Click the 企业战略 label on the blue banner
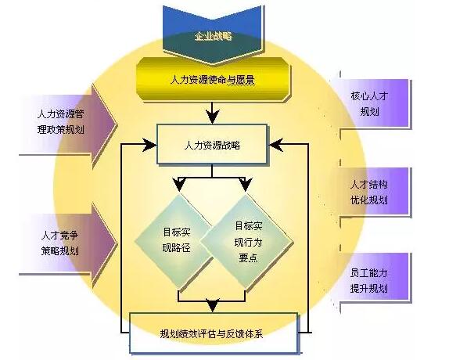point(213,36)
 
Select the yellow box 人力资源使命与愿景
point(213,79)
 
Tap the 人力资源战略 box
point(212,144)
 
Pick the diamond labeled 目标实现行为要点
point(247,241)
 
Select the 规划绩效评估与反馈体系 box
point(214,333)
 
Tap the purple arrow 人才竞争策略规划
point(68,244)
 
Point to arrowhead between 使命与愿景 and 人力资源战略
point(212,117)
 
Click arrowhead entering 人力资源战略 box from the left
point(149,145)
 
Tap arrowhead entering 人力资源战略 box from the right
point(276,145)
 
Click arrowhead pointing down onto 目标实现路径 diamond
point(179,185)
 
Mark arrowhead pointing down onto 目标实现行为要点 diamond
point(246,185)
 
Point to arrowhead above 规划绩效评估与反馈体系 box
point(213,305)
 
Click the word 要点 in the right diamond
point(248,258)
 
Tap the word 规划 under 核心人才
point(369,111)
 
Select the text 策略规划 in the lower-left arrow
point(60,251)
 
